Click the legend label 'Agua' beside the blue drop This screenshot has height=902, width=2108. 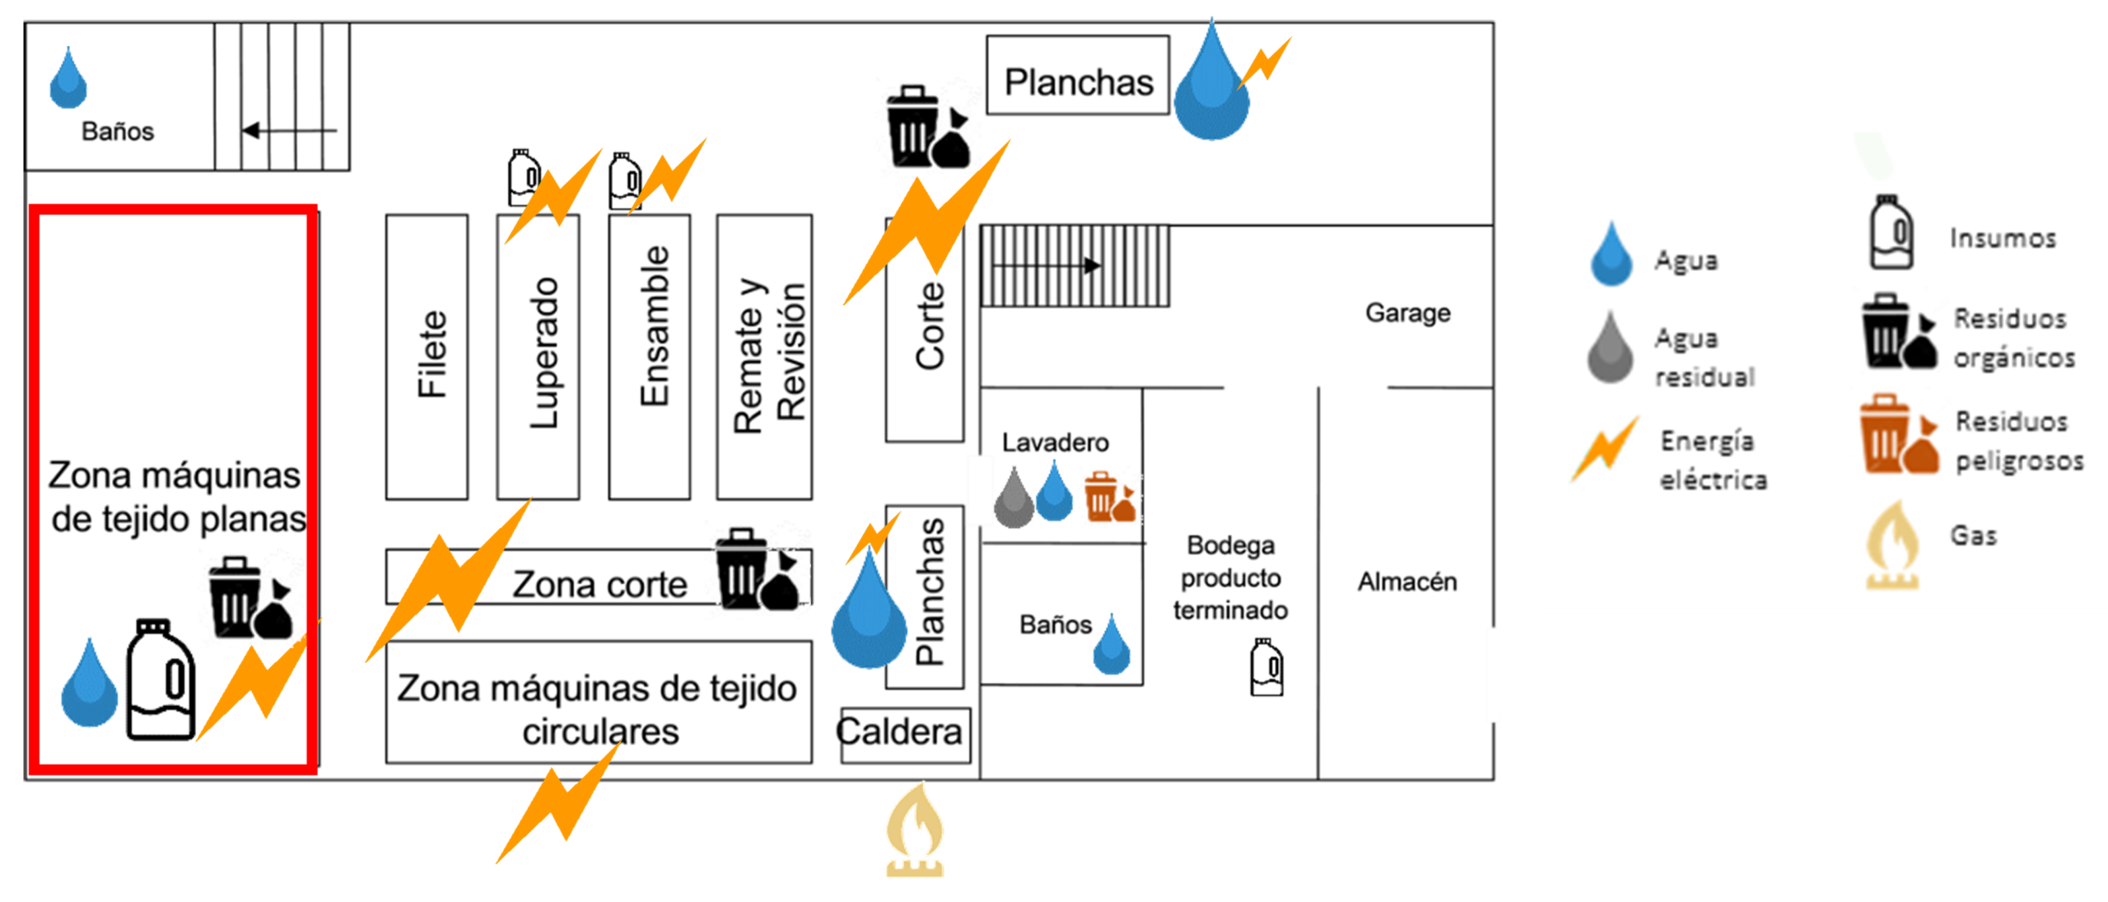pos(1686,260)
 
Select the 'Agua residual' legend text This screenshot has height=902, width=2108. pos(1705,358)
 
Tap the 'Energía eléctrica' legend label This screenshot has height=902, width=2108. pos(1713,460)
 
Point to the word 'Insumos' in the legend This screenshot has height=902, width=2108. pos(2003,238)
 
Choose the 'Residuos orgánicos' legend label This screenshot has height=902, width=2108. pos(2013,338)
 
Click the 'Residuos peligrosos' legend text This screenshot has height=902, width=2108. pos(2019,441)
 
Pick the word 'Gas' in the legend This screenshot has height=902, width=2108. pos(1974,535)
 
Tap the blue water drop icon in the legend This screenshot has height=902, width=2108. pos(1611,255)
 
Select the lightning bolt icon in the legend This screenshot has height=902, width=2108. pos(1605,449)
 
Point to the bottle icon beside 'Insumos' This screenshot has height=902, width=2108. pos(1891,233)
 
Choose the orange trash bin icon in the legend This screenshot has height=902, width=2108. pos(1897,434)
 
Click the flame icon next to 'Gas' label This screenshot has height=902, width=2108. pos(1892,545)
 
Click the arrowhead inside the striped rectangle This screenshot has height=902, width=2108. pos(1092,265)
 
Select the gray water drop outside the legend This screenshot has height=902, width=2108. pos(1014,497)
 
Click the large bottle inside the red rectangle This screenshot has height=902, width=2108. pos(159,680)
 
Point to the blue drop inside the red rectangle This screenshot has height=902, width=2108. pos(89,685)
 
